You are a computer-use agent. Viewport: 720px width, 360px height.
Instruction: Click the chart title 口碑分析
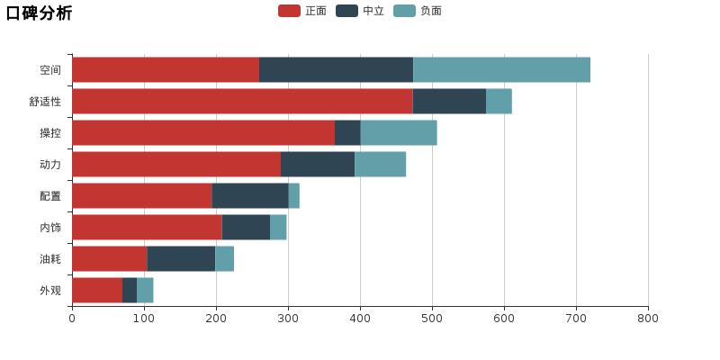(39, 13)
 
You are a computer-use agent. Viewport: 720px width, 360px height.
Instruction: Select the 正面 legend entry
(302, 11)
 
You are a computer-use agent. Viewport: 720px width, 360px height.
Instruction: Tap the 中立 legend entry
(360, 11)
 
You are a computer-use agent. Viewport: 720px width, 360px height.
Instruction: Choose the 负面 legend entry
(418, 11)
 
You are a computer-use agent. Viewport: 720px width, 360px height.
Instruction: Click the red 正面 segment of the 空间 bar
(166, 70)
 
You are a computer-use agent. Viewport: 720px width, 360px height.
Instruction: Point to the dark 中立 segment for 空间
(336, 70)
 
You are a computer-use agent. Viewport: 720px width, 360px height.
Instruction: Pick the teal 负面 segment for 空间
(501, 70)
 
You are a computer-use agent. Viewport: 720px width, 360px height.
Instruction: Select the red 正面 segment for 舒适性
(242, 102)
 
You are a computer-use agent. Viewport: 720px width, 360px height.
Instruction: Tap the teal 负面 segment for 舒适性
(499, 102)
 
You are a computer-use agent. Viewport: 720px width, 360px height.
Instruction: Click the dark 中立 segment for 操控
(347, 133)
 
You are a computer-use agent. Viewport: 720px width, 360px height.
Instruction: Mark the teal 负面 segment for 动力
(380, 165)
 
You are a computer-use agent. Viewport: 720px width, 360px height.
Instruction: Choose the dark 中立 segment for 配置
(250, 196)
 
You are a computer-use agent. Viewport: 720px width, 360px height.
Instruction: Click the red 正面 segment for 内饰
(147, 228)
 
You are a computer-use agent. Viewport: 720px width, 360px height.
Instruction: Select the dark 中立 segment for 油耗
(181, 259)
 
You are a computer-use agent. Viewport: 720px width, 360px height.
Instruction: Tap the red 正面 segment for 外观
(97, 291)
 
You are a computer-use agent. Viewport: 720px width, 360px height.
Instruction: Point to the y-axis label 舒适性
(45, 102)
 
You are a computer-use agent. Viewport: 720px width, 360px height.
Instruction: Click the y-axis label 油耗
(50, 259)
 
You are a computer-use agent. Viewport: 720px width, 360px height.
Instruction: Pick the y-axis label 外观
(50, 291)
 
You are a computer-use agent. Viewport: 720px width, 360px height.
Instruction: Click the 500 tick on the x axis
(432, 318)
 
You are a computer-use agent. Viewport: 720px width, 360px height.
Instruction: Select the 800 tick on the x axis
(648, 318)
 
